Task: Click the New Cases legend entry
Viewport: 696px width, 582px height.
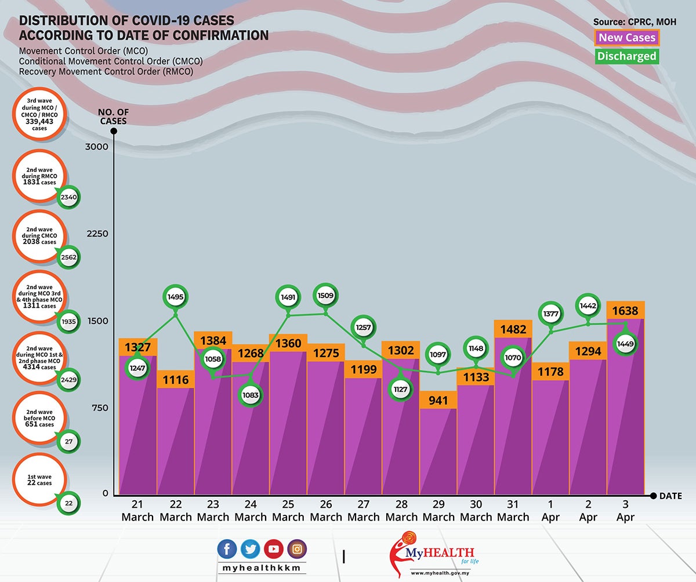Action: tap(626, 38)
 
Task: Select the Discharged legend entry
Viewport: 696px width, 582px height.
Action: tap(626, 56)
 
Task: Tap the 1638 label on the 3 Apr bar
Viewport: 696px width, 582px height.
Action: tap(625, 311)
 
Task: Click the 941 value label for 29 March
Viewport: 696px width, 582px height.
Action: tap(438, 400)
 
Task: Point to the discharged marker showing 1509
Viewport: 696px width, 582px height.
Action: tap(325, 296)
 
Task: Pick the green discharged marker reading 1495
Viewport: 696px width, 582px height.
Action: tap(175, 297)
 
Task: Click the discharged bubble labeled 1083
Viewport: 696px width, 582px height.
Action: tap(251, 395)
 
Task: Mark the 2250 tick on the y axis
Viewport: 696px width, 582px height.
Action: tap(97, 234)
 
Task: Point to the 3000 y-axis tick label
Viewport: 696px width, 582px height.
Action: tap(97, 147)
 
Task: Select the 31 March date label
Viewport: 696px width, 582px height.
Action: tap(513, 510)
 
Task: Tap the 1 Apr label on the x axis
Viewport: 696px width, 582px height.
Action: tap(550, 510)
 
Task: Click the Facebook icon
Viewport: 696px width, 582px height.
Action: tap(227, 549)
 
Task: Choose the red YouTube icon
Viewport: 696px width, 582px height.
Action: tap(274, 549)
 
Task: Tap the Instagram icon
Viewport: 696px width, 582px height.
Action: tap(297, 549)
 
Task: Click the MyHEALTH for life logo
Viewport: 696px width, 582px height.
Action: tap(434, 554)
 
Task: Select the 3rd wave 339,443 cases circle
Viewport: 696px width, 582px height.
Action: tap(39, 114)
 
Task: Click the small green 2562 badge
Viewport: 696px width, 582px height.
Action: tap(68, 257)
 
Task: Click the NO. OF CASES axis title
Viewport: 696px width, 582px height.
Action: tap(113, 117)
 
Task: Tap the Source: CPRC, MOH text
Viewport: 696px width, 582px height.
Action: tap(635, 22)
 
